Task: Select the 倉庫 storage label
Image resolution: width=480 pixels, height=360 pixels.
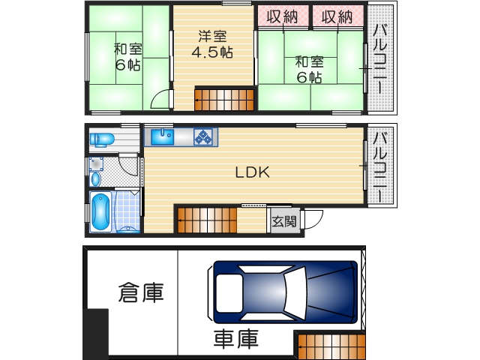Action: click(x=140, y=292)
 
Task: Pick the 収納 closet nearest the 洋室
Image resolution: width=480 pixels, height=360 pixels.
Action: click(x=283, y=16)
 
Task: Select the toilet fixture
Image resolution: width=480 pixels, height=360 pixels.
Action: click(x=101, y=139)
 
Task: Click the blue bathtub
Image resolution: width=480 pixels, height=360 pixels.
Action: click(x=100, y=212)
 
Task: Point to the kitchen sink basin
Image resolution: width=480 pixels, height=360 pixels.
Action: click(x=162, y=136)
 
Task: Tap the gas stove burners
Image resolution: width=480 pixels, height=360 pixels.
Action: click(x=203, y=136)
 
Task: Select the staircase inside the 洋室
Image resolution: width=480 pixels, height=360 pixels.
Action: click(x=224, y=100)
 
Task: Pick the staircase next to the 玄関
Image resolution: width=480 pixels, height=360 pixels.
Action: click(x=207, y=220)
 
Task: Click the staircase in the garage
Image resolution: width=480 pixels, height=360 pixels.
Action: click(x=331, y=346)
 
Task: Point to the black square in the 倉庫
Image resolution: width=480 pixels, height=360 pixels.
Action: click(x=96, y=334)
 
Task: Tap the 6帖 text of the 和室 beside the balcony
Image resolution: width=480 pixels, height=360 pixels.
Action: click(x=308, y=77)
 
